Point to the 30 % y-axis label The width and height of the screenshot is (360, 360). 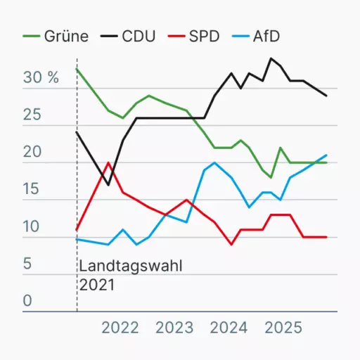pyautogui.click(x=41, y=77)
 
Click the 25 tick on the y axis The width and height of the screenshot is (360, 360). pyautogui.click(x=32, y=115)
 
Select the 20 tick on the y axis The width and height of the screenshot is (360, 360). pyautogui.click(x=32, y=152)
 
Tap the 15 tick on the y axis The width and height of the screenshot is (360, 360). pyautogui.click(x=32, y=189)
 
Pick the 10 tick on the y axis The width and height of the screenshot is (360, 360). pyautogui.click(x=32, y=226)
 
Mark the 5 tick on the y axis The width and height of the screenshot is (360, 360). pyautogui.click(x=27, y=264)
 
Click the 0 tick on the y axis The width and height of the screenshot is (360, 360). pyautogui.click(x=27, y=301)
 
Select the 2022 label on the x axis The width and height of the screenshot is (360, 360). pyautogui.click(x=120, y=328)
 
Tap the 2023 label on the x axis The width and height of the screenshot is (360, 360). pyautogui.click(x=174, y=328)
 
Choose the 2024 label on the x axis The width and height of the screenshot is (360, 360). pyautogui.click(x=229, y=328)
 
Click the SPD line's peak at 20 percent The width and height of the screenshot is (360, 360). pyautogui.click(x=108, y=163)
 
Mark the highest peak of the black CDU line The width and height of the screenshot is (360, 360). pyautogui.click(x=271, y=58)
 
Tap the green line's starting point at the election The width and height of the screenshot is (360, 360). pyautogui.click(x=77, y=69)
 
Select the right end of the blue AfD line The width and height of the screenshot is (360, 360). pyautogui.click(x=326, y=155)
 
